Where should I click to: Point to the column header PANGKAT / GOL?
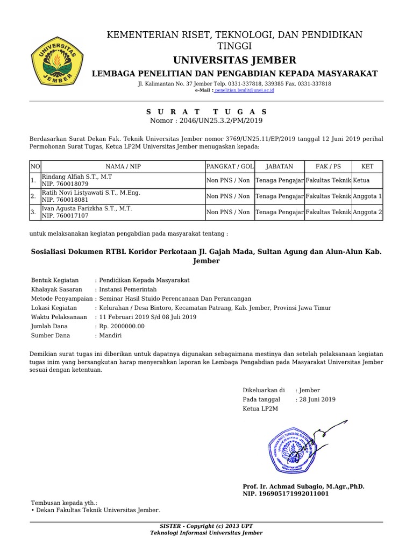click(230, 166)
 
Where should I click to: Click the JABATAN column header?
click(280, 166)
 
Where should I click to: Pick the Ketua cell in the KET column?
click(361, 181)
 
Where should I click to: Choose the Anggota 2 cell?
click(367, 212)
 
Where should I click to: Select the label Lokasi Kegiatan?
click(54, 308)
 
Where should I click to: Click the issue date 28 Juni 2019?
click(317, 399)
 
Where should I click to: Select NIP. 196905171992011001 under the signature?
click(286, 493)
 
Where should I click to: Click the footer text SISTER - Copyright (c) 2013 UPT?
click(206, 526)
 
